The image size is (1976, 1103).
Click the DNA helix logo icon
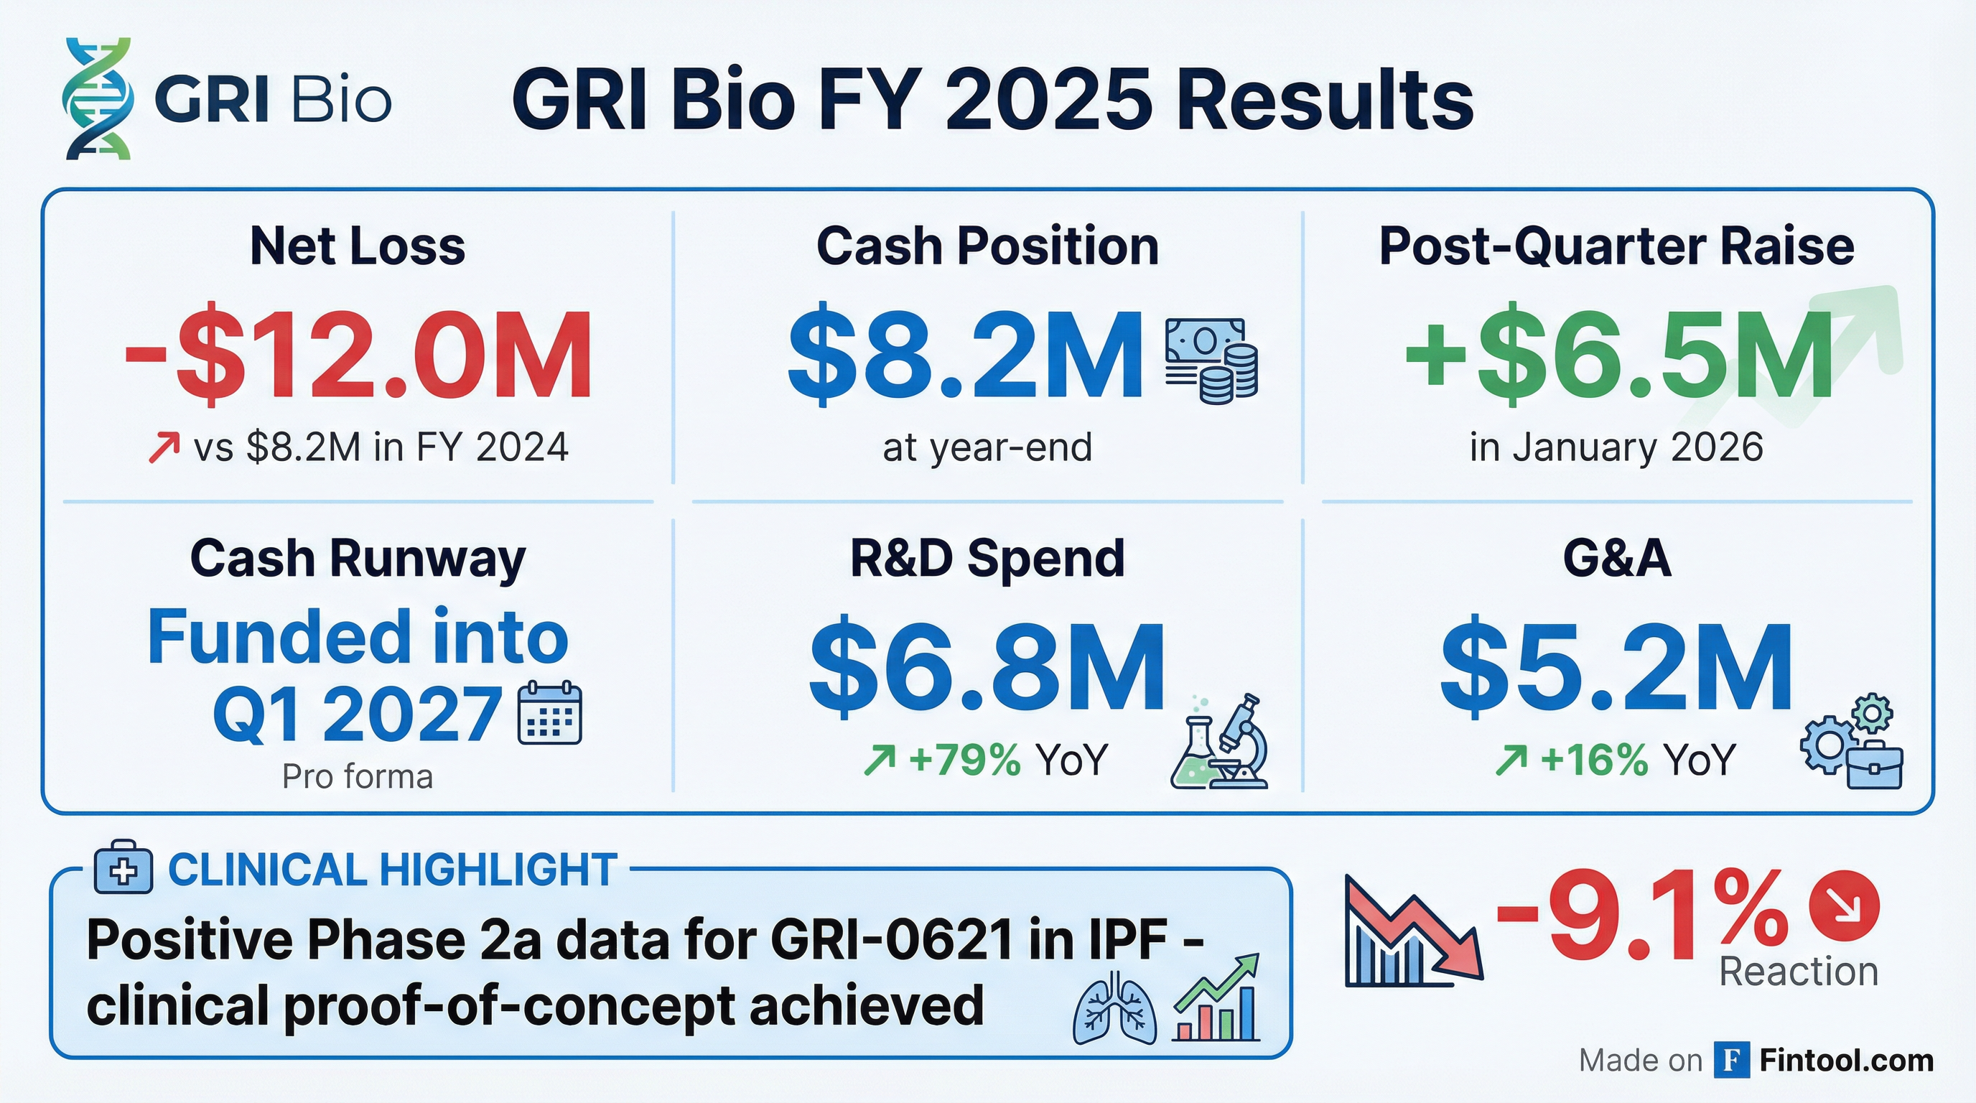coord(98,99)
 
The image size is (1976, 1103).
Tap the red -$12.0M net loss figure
coord(358,356)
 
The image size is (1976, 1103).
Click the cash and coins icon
coord(1211,360)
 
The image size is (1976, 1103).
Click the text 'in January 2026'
coord(1616,447)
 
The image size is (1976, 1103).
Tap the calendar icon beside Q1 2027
coord(550,712)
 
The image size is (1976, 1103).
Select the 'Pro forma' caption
coord(358,777)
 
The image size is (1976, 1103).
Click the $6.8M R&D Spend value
coord(987,666)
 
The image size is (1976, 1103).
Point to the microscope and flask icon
coord(1219,742)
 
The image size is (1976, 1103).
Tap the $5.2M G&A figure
coord(1616,666)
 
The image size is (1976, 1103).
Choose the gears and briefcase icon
coord(1851,741)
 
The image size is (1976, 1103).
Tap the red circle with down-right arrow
coord(1844,905)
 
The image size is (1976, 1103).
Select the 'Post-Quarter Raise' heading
coord(1617,246)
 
